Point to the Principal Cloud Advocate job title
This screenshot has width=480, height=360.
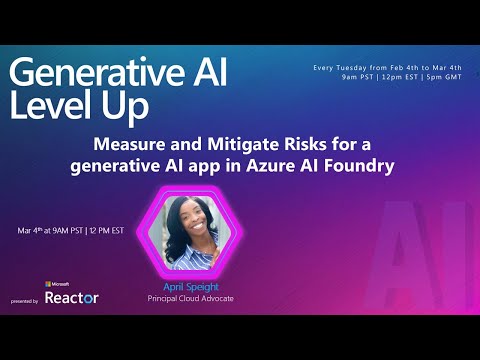(x=190, y=296)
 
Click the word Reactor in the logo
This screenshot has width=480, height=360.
(x=72, y=298)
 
